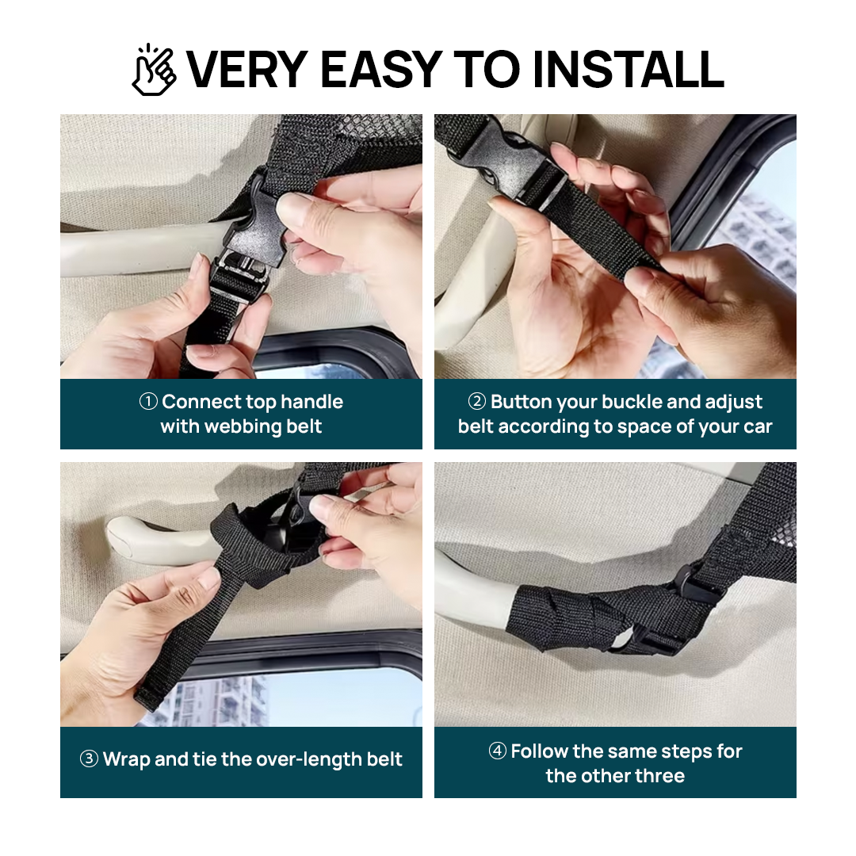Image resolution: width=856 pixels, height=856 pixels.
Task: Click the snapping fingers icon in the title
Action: click(154, 69)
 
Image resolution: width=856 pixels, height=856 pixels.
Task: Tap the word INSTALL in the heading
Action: click(629, 69)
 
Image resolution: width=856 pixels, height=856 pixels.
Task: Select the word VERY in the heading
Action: click(247, 69)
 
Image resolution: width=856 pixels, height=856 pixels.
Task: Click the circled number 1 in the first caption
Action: click(148, 402)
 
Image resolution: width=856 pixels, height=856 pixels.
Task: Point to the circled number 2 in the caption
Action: click(476, 402)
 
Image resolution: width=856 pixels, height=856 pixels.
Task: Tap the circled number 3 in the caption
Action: click(89, 759)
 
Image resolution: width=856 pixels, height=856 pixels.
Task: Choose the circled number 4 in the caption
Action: click(497, 751)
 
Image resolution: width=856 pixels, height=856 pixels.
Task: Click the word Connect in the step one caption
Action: click(201, 402)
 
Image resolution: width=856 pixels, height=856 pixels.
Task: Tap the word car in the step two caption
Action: click(758, 427)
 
